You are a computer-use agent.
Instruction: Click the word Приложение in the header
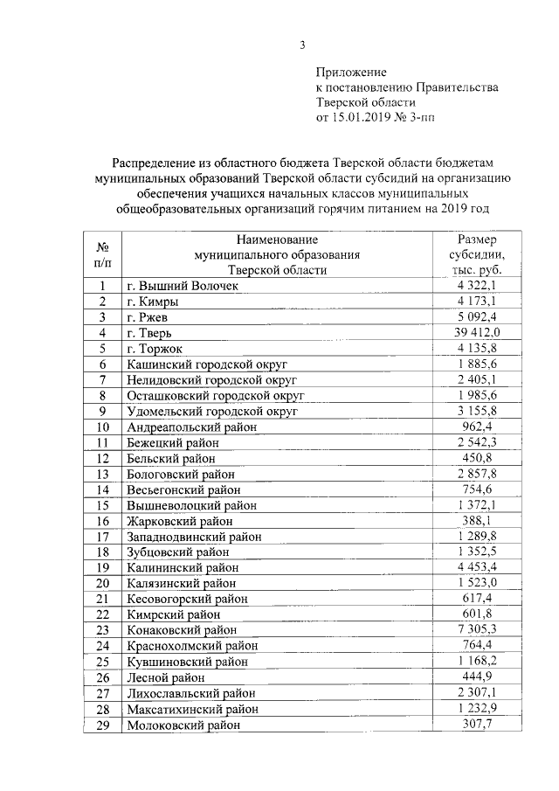(350, 72)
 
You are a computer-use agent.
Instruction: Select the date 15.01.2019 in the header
(363, 117)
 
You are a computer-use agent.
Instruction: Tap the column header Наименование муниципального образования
(277, 253)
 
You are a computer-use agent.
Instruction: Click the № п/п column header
(102, 253)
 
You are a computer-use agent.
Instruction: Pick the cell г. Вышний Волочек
(183, 286)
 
